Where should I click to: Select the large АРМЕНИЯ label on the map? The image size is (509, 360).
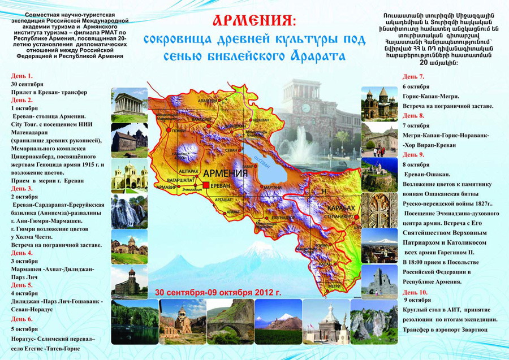[225, 174]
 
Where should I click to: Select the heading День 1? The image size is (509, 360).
[22, 75]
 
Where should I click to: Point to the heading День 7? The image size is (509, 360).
[413, 77]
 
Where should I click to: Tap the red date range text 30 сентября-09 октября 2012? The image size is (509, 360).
[217, 293]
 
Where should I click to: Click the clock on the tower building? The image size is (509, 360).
[305, 107]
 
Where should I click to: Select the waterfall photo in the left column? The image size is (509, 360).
[130, 210]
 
